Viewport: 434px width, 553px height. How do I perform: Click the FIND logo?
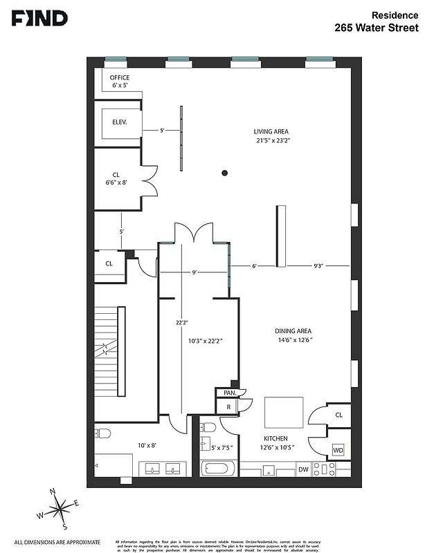tap(39, 19)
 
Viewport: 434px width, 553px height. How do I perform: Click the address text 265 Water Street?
tap(376, 28)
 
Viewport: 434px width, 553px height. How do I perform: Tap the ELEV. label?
tap(121, 122)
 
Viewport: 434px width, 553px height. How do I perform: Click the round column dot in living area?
tap(225, 173)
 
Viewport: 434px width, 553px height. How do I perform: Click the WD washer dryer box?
tap(338, 450)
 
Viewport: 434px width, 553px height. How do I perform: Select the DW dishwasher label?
tap(303, 470)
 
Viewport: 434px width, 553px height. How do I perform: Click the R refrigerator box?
tap(228, 407)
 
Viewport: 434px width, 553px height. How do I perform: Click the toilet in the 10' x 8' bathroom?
tap(103, 435)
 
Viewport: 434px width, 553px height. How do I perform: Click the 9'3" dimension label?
tap(319, 265)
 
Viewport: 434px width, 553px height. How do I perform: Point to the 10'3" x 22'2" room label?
tap(205, 341)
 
